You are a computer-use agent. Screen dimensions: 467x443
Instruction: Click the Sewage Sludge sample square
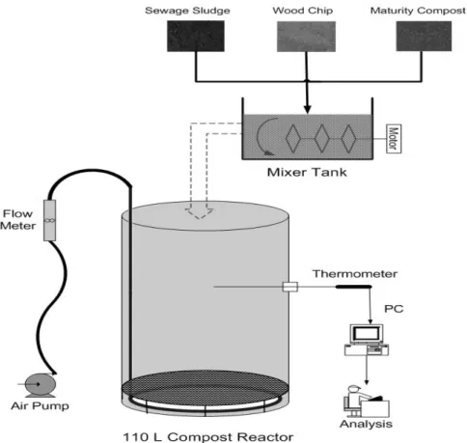(196, 36)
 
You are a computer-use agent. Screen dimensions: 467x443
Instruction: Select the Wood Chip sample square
(306, 37)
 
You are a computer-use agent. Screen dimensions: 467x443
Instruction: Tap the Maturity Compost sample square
(424, 36)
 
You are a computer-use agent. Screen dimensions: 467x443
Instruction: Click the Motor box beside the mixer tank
(394, 139)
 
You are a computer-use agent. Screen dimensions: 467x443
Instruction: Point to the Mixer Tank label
(307, 173)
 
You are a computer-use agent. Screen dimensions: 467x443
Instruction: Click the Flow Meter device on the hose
(49, 220)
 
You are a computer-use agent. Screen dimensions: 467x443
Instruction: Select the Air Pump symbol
(40, 385)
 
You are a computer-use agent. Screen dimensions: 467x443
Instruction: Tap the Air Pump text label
(40, 406)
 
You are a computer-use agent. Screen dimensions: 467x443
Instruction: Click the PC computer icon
(367, 340)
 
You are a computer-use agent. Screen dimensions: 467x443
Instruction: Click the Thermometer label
(355, 274)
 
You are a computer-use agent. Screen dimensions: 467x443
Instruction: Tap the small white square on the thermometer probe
(290, 287)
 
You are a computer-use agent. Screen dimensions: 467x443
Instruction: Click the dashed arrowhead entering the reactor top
(199, 213)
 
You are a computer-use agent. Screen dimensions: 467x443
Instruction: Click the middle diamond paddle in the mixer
(321, 139)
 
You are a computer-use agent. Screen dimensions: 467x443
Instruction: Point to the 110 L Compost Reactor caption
(208, 437)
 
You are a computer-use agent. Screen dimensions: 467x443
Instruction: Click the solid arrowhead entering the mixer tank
(308, 108)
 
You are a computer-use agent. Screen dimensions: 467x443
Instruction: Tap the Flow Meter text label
(18, 220)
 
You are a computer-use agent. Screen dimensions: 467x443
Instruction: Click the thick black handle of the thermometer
(354, 287)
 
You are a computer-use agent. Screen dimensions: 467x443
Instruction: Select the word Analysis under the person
(366, 425)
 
